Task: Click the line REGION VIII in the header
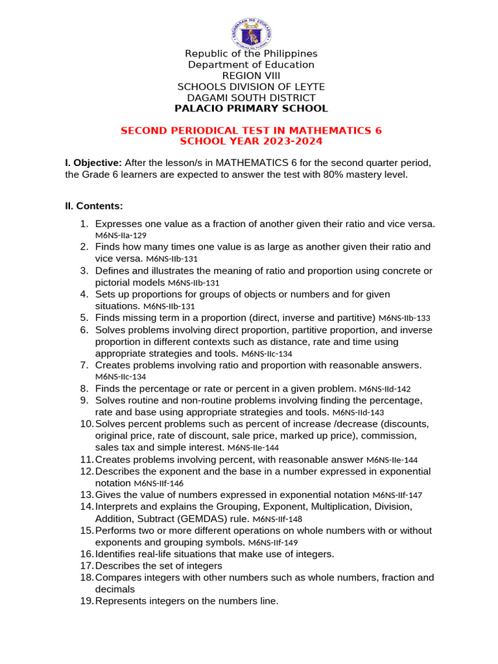251,76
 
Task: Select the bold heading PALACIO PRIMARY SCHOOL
251,108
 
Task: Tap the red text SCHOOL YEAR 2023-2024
251,141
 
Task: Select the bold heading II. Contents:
94,206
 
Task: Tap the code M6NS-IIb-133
404,318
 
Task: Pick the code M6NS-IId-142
385,389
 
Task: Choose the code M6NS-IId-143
358,412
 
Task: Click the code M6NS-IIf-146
158,484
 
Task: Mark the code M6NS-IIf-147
397,495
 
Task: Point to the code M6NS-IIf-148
277,519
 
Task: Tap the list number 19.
87,601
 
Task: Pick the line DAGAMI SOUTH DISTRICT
251,97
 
